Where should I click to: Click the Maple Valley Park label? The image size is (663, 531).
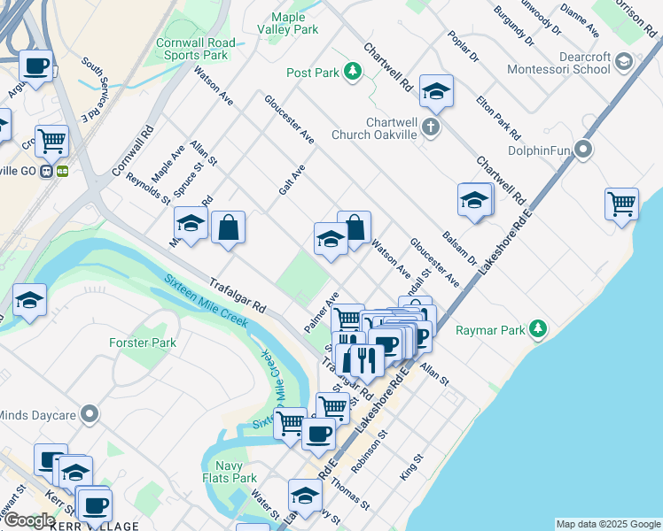pyautogui.click(x=287, y=23)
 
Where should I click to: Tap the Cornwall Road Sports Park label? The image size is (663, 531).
pyautogui.click(x=195, y=49)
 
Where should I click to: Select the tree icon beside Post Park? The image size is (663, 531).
pyautogui.click(x=353, y=71)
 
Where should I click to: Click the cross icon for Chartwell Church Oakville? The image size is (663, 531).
pyautogui.click(x=431, y=126)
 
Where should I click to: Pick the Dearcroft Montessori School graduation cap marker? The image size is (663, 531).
pyautogui.click(x=623, y=60)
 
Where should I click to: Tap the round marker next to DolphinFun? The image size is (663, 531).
pyautogui.click(x=583, y=150)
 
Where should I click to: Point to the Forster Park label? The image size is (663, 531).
pyautogui.click(x=143, y=342)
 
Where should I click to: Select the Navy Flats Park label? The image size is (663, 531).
pyautogui.click(x=230, y=472)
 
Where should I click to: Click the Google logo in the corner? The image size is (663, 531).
pyautogui.click(x=28, y=520)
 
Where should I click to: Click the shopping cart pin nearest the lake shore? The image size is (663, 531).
pyautogui.click(x=622, y=204)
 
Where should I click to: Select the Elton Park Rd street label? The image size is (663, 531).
pyautogui.click(x=497, y=119)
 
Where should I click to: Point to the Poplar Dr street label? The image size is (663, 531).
pyautogui.click(x=463, y=46)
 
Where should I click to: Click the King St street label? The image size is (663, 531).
pyautogui.click(x=412, y=467)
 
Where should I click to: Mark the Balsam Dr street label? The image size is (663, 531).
pyautogui.click(x=467, y=251)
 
